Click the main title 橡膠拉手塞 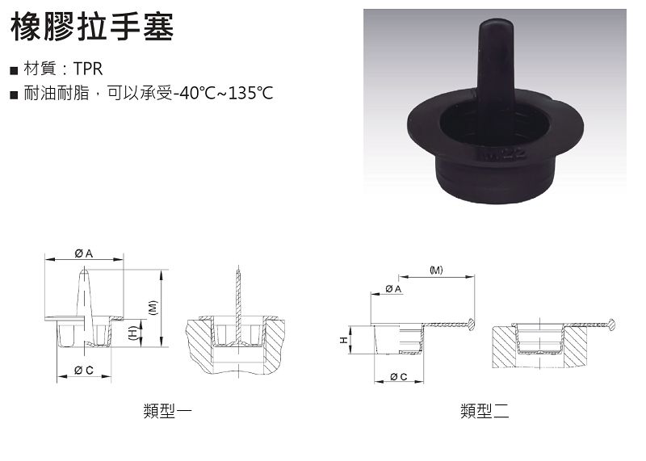[92, 27]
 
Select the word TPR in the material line [88, 69]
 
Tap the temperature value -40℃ [194, 94]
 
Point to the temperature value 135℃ [250, 94]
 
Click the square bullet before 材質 [15, 70]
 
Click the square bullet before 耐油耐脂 [15, 95]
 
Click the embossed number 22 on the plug [514, 154]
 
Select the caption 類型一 [168, 411]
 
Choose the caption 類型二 [485, 411]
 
